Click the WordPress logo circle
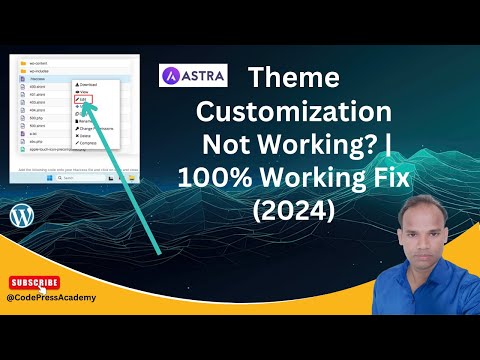coord(21,216)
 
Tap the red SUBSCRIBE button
coord(33,283)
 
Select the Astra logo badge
coord(193,76)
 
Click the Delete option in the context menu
coord(84,137)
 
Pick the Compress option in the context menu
coord(87,144)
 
